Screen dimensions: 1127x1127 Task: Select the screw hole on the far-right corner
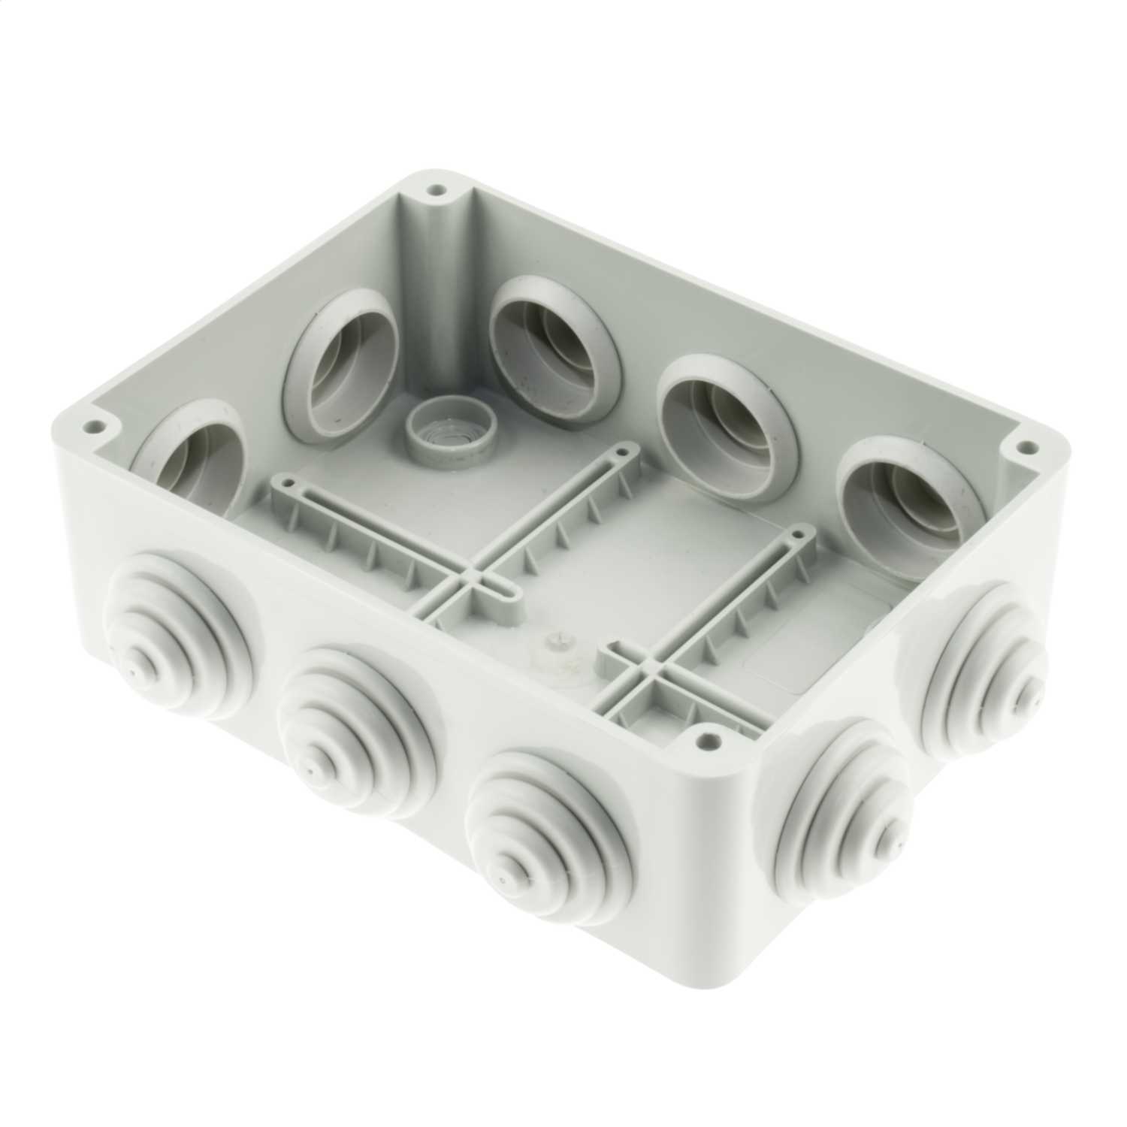pyautogui.click(x=1022, y=446)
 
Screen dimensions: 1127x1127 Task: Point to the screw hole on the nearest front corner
pyautogui.click(x=706, y=740)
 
